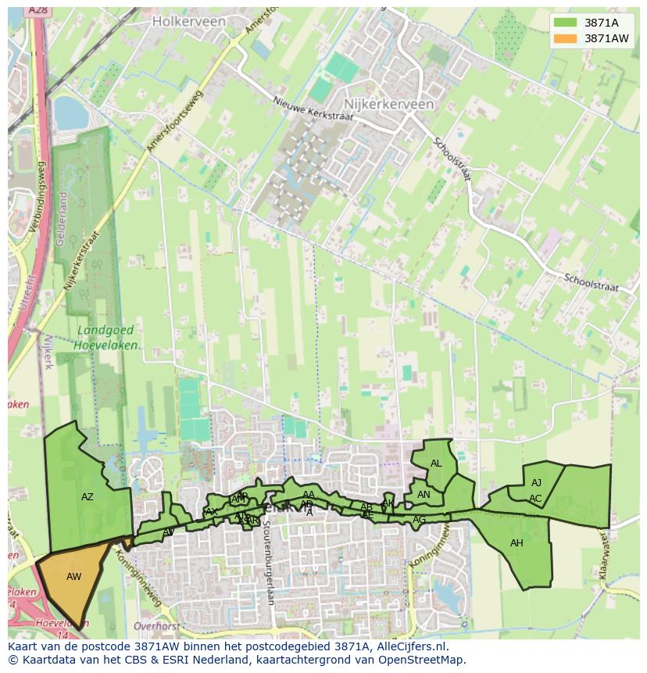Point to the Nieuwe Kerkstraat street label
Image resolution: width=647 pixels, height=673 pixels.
point(313,109)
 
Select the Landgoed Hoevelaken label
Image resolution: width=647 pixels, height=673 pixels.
point(108,337)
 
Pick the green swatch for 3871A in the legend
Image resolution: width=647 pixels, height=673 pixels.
point(565,22)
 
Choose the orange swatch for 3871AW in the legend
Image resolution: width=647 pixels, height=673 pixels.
point(565,38)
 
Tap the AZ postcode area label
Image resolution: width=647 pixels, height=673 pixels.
point(88,497)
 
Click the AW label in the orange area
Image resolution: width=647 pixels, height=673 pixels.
point(73,577)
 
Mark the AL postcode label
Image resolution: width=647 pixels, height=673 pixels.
point(436,464)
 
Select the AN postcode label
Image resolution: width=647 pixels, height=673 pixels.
point(424,495)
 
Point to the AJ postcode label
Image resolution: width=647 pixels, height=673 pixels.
point(536,483)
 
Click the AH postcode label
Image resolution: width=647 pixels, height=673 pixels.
point(517,543)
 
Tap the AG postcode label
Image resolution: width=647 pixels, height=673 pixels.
point(420,520)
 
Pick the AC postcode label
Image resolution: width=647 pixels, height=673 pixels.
point(535,499)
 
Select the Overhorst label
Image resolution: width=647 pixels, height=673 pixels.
point(157,626)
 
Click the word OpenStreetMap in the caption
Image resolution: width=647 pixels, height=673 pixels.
point(420,660)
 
